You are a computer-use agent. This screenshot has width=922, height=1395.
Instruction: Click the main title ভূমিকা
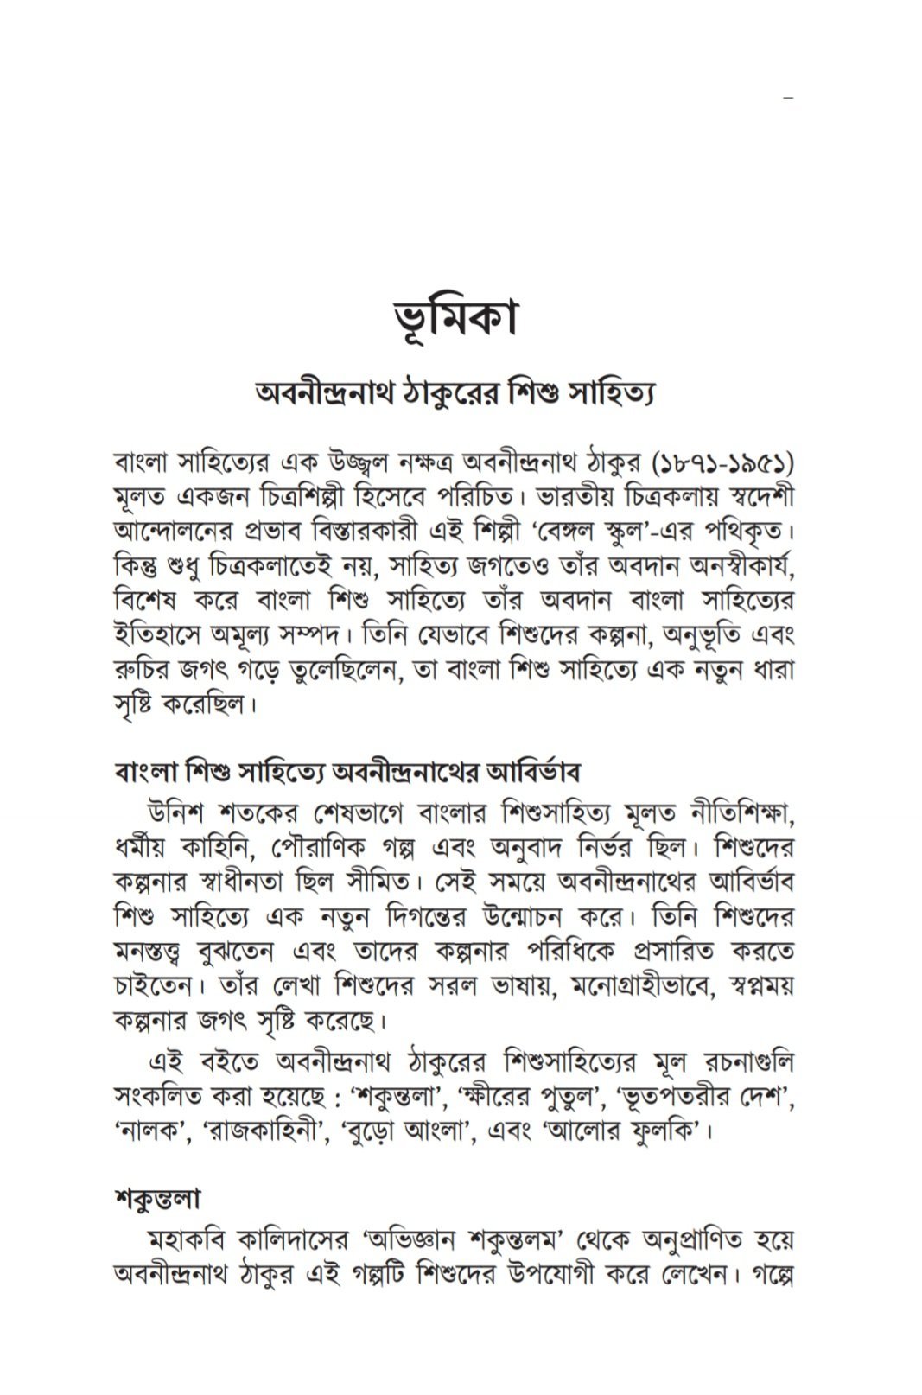click(453, 317)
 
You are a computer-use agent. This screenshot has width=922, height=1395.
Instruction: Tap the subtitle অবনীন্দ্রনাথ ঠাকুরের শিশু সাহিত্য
click(455, 395)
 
